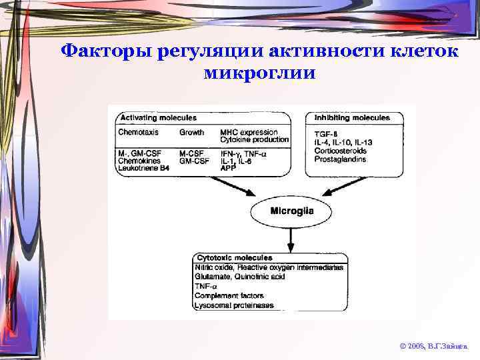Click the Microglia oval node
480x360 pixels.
click(291, 212)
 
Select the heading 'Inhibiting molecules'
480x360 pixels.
click(351, 118)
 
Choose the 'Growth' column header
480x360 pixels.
click(192, 132)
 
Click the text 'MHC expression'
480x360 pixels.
click(249, 132)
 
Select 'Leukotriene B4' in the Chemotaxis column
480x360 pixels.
click(143, 169)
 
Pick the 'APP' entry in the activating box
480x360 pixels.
click(228, 169)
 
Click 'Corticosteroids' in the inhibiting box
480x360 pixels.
click(340, 151)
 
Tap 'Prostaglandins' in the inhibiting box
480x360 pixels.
click(340, 159)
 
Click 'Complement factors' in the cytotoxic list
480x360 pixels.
click(229, 295)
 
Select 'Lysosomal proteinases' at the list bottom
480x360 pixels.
click(234, 305)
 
